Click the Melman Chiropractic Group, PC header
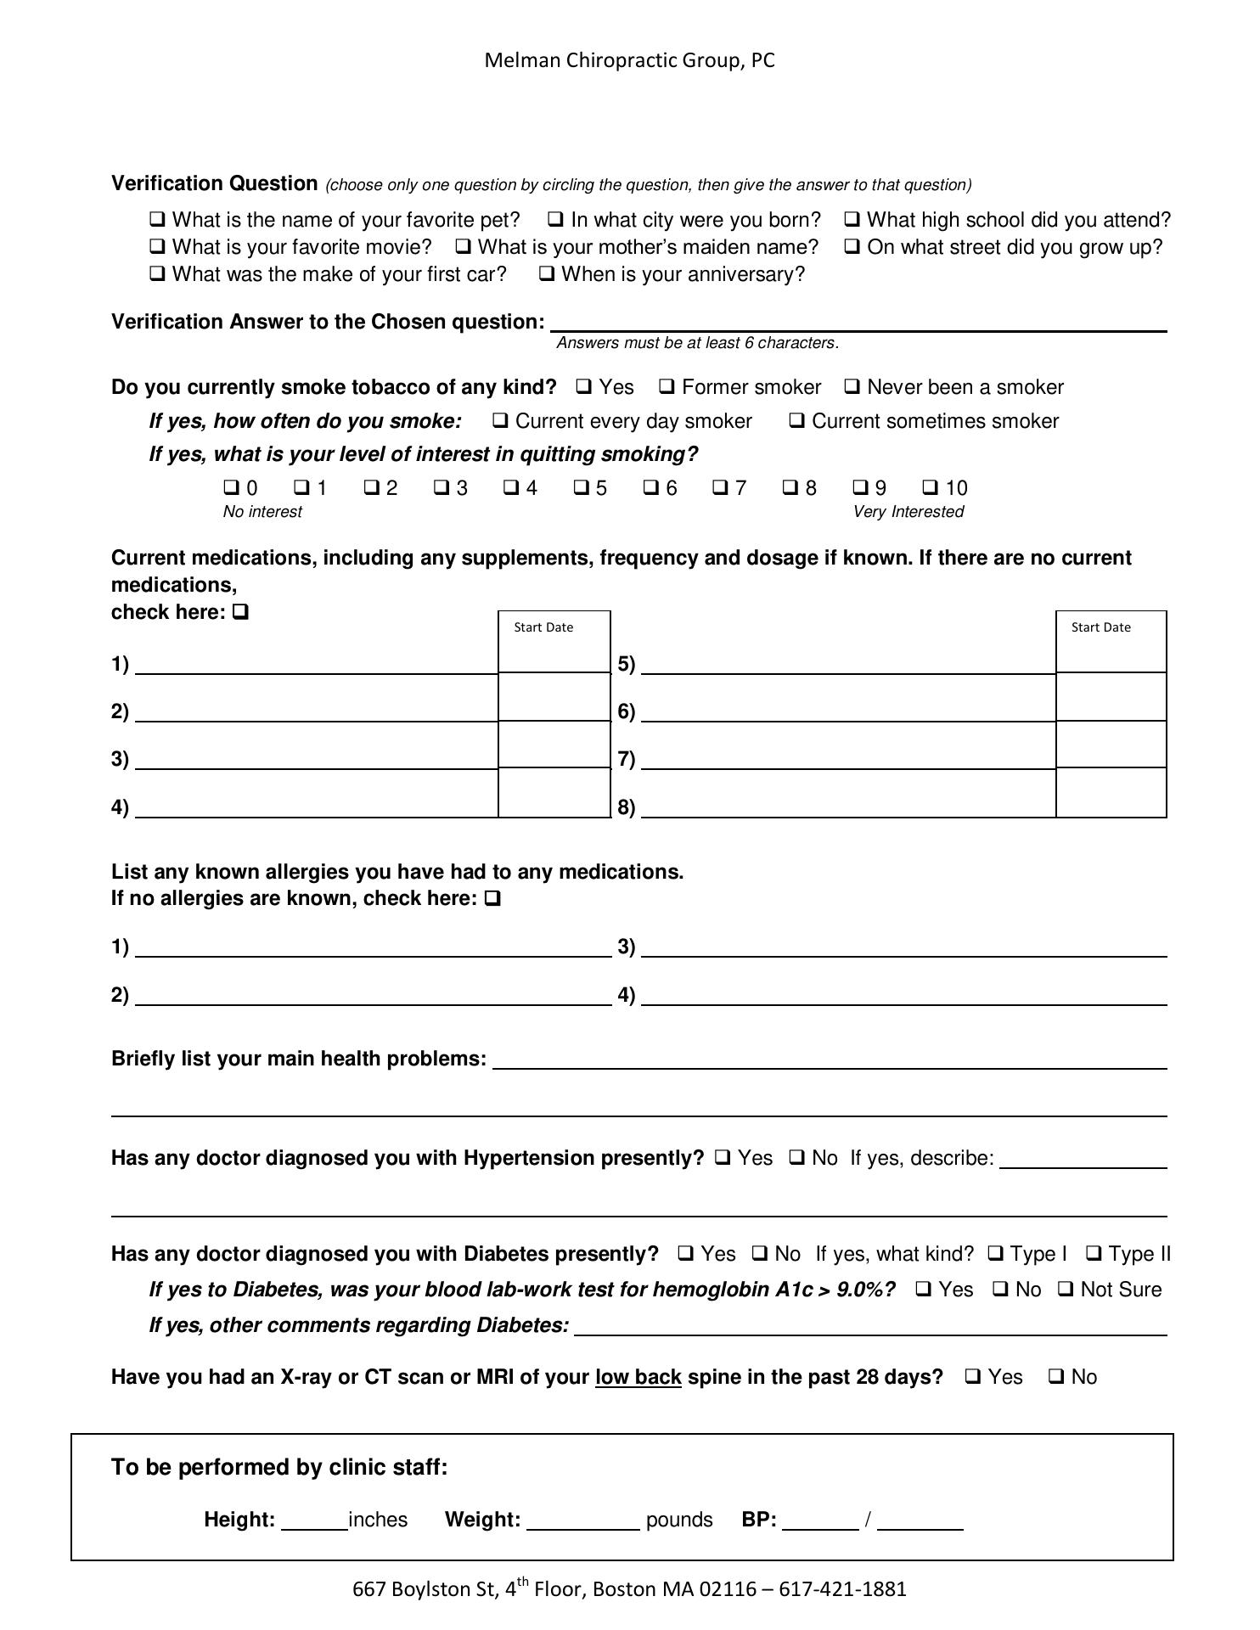629,60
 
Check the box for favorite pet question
157,220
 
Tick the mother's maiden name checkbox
464,247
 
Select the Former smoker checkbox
667,387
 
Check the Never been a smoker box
852,387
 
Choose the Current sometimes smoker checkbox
797,421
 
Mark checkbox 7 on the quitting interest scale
720,487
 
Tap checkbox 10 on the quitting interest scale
931,487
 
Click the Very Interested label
908,512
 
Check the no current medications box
240,611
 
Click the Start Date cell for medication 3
554,745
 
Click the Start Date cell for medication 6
1111,697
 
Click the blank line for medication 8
847,807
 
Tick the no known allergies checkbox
492,898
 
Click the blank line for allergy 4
903,995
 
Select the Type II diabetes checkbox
1094,1254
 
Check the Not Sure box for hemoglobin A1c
1066,1290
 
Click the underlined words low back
638,1377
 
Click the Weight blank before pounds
582,1520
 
